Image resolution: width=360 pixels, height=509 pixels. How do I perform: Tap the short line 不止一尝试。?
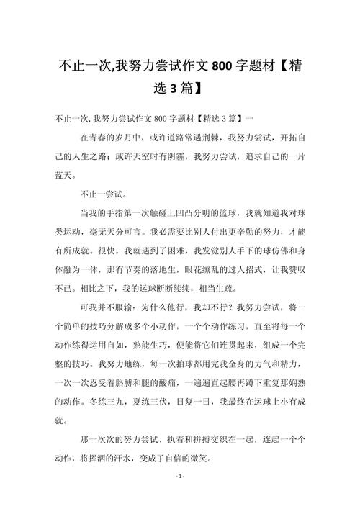click(103, 193)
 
